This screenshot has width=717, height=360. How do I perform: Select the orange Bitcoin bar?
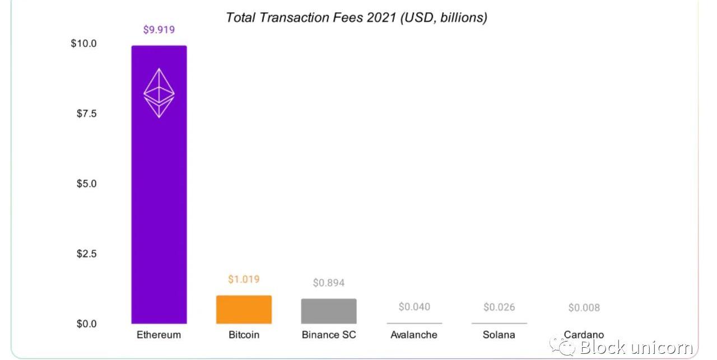click(244, 310)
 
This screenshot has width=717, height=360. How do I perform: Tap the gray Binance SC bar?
click(329, 311)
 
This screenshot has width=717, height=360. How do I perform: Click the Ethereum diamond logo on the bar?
click(159, 93)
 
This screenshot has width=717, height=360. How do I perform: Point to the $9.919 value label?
click(159, 30)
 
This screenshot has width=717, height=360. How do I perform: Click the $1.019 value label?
click(244, 279)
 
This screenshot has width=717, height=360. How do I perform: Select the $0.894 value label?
click(329, 283)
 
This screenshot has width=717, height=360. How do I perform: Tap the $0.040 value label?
click(414, 307)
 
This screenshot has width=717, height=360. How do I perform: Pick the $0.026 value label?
click(499, 307)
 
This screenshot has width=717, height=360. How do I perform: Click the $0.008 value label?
click(584, 307)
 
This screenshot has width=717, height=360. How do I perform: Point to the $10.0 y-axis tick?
click(83, 44)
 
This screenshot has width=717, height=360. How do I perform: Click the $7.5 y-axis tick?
click(86, 114)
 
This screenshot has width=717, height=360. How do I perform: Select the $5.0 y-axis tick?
click(86, 184)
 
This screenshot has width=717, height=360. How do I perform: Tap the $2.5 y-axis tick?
click(86, 254)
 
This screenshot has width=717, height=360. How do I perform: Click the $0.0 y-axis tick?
click(86, 324)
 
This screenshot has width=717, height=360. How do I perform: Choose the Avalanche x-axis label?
click(414, 335)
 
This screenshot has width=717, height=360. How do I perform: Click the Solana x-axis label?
click(499, 335)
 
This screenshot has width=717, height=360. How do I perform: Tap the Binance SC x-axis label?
click(329, 335)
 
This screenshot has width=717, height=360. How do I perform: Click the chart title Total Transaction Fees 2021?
click(356, 17)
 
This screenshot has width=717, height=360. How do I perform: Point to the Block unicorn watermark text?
click(636, 347)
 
